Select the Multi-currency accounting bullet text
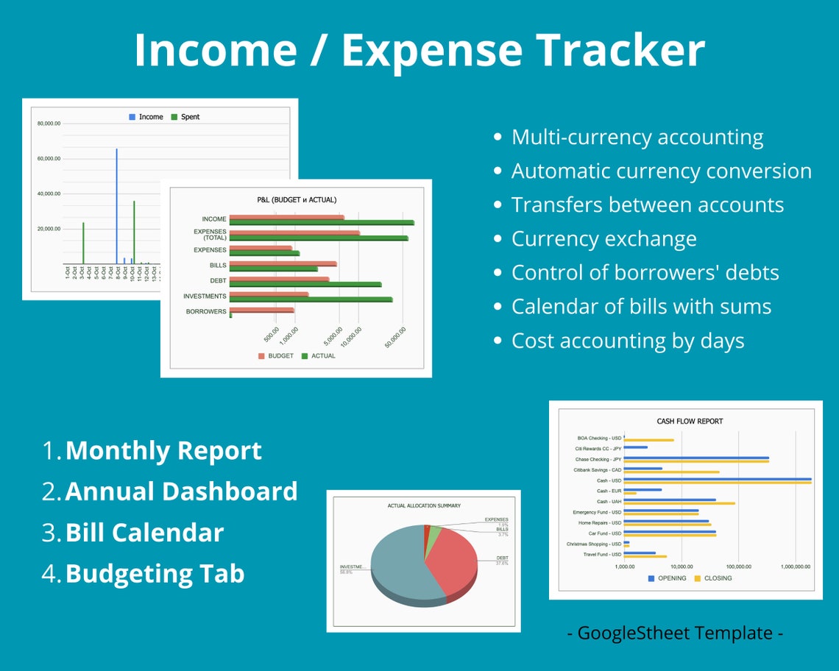coord(637,138)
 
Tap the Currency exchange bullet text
coord(603,239)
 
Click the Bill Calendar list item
coord(144,533)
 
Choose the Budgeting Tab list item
coord(155,573)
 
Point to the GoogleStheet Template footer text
coord(674,633)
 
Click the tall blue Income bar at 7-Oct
coord(116,206)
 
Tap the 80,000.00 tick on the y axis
coord(49,124)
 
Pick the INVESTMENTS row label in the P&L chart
coord(205,297)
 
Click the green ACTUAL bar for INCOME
coord(322,222)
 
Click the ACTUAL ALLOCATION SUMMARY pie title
coord(424,506)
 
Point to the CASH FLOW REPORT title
coord(690,422)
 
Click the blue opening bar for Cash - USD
coord(718,479)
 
